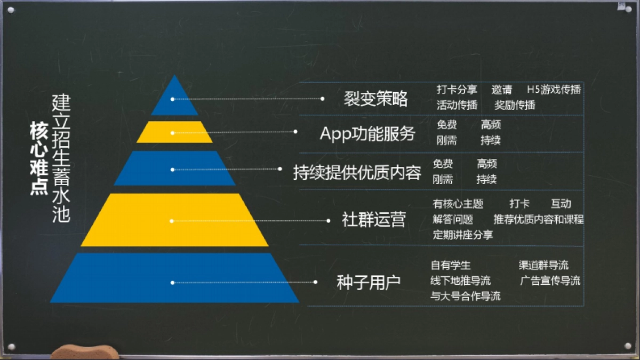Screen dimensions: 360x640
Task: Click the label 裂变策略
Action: coord(376,98)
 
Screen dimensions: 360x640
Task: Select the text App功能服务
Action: coord(367,133)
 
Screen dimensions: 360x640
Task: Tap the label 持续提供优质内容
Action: coord(357,172)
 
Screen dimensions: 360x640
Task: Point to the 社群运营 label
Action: coord(374,220)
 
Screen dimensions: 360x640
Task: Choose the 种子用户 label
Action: coord(369,282)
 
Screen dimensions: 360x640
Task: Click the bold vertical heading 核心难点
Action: coord(38,158)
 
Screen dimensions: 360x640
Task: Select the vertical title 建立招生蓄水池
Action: coord(61,158)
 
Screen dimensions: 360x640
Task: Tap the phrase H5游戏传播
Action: coord(554,90)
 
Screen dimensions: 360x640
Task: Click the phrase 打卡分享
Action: coord(457,90)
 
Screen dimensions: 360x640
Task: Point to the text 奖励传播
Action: coord(515,105)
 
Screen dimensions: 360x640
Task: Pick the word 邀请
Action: coord(502,90)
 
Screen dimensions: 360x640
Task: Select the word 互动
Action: coord(561,204)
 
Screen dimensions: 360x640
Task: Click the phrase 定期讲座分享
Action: coord(463,235)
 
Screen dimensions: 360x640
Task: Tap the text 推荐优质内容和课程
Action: coord(539,219)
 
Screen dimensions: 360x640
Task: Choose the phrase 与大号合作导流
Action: coord(466,297)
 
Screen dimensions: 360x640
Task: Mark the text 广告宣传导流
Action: coord(550,281)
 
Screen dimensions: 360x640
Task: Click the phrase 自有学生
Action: coord(451,265)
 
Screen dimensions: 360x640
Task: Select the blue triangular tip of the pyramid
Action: coord(174,99)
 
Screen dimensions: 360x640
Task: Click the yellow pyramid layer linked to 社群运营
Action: coord(174,220)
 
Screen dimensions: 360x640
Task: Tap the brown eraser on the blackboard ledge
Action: coord(85,352)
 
